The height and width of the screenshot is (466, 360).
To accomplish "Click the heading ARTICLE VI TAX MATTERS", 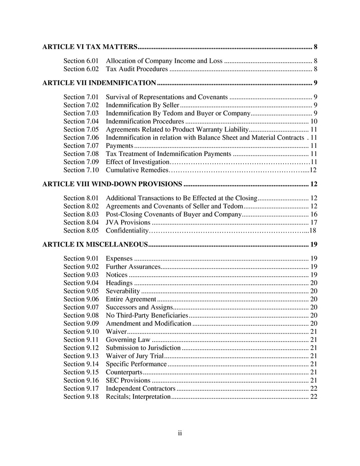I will (x=89, y=47).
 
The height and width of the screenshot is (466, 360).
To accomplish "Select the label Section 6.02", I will (x=81, y=69).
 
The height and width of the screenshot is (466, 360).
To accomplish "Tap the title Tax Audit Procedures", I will (x=137, y=69).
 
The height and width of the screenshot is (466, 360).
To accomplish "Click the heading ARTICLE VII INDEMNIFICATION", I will (x=99, y=83).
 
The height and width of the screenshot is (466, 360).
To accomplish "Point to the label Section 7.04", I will (x=81, y=121).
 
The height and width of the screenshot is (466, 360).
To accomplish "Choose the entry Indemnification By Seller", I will (x=143, y=105).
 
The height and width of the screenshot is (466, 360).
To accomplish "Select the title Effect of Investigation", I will (x=137, y=162).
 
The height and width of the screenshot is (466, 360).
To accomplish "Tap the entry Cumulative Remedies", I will (x=137, y=170).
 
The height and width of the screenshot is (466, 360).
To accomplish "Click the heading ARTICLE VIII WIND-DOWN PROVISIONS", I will (x=112, y=184).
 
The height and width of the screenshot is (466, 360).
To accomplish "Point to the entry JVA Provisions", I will (x=128, y=222).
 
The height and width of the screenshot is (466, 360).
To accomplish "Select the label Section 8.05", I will (x=81, y=230).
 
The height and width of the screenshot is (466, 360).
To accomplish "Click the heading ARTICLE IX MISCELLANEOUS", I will (x=95, y=245).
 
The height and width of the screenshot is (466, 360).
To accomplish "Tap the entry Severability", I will (x=123, y=291).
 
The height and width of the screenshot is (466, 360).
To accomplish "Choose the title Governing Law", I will (x=128, y=339).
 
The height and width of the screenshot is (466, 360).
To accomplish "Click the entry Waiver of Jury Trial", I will (x=135, y=356).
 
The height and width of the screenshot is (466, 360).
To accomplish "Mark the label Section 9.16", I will (x=81, y=380).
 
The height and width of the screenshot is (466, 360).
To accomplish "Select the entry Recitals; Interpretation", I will (x=138, y=396).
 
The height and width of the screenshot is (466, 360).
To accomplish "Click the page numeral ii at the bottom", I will (x=180, y=434).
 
